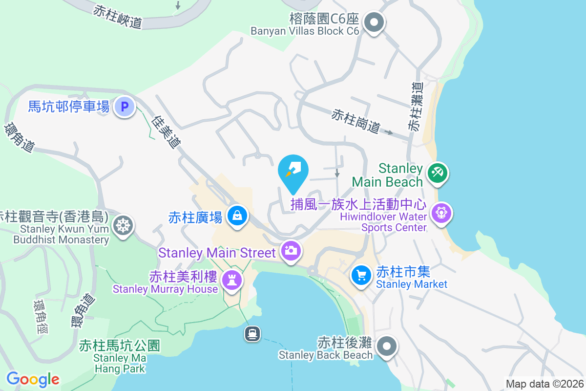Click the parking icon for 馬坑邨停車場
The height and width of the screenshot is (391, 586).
(124, 106)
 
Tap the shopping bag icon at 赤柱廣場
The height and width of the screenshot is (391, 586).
(237, 216)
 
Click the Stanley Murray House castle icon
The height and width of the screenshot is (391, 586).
(231, 281)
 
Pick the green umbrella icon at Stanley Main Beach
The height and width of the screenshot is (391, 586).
(437, 174)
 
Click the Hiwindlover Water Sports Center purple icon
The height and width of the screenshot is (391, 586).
(441, 214)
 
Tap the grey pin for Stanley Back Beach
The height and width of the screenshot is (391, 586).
(387, 347)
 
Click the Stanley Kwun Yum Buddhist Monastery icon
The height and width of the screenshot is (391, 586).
(122, 226)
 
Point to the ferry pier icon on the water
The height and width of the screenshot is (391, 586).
(252, 334)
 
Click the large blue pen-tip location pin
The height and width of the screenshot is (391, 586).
(293, 172)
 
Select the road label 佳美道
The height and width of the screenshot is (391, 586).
(167, 132)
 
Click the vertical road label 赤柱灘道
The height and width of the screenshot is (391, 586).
(416, 106)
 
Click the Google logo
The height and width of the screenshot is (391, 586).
(33, 379)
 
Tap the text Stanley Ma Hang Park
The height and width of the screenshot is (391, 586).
(120, 363)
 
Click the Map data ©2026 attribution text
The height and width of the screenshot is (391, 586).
(544, 384)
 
